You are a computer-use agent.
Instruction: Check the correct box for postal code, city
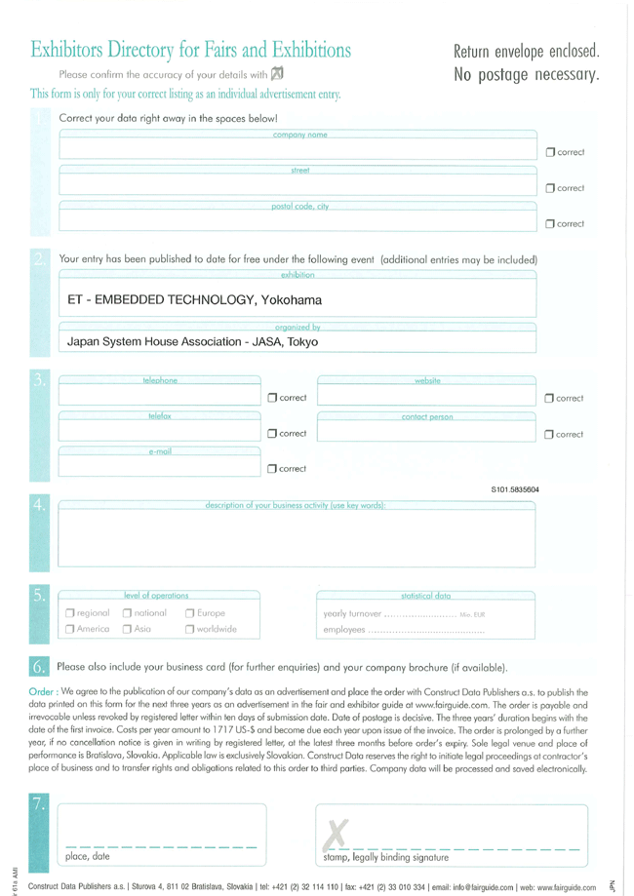click(550, 226)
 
